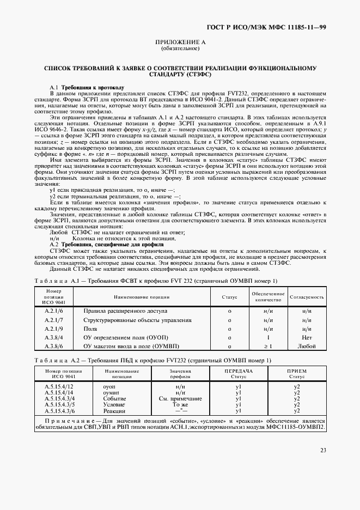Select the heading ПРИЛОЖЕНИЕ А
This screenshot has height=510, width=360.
point(180,42)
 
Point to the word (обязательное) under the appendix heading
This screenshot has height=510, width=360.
point(180,48)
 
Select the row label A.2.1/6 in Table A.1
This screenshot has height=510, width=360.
point(54,310)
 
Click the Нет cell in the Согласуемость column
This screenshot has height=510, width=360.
point(306,338)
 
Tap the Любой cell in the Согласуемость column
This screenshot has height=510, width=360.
point(306,347)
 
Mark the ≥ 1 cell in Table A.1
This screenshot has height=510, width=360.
point(267,347)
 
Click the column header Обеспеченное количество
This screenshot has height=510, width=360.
point(267,297)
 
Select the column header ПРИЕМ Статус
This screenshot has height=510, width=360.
point(297,374)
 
